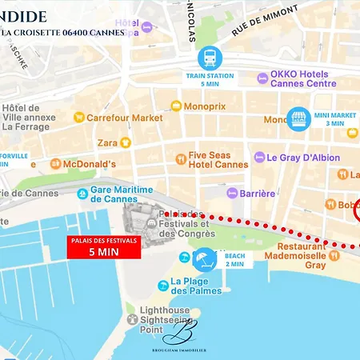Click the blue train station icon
point(209,58)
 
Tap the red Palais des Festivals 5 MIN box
point(103,247)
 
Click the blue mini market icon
point(298,118)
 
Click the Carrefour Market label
point(124,118)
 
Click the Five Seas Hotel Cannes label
point(218,159)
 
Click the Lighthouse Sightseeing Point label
point(165,318)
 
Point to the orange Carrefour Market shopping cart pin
point(78,118)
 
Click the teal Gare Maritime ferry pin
point(82,194)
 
